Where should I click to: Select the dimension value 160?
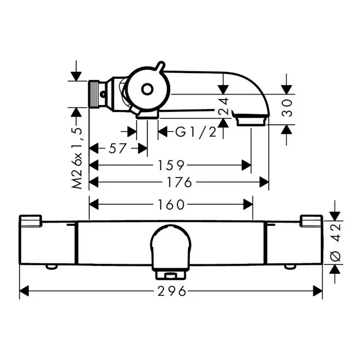tap(171, 204)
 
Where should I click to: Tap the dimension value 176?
tap(178, 183)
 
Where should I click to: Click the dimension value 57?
tap(117, 149)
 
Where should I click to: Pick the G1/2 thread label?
tap(196, 132)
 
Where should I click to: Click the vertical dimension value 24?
tap(223, 106)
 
